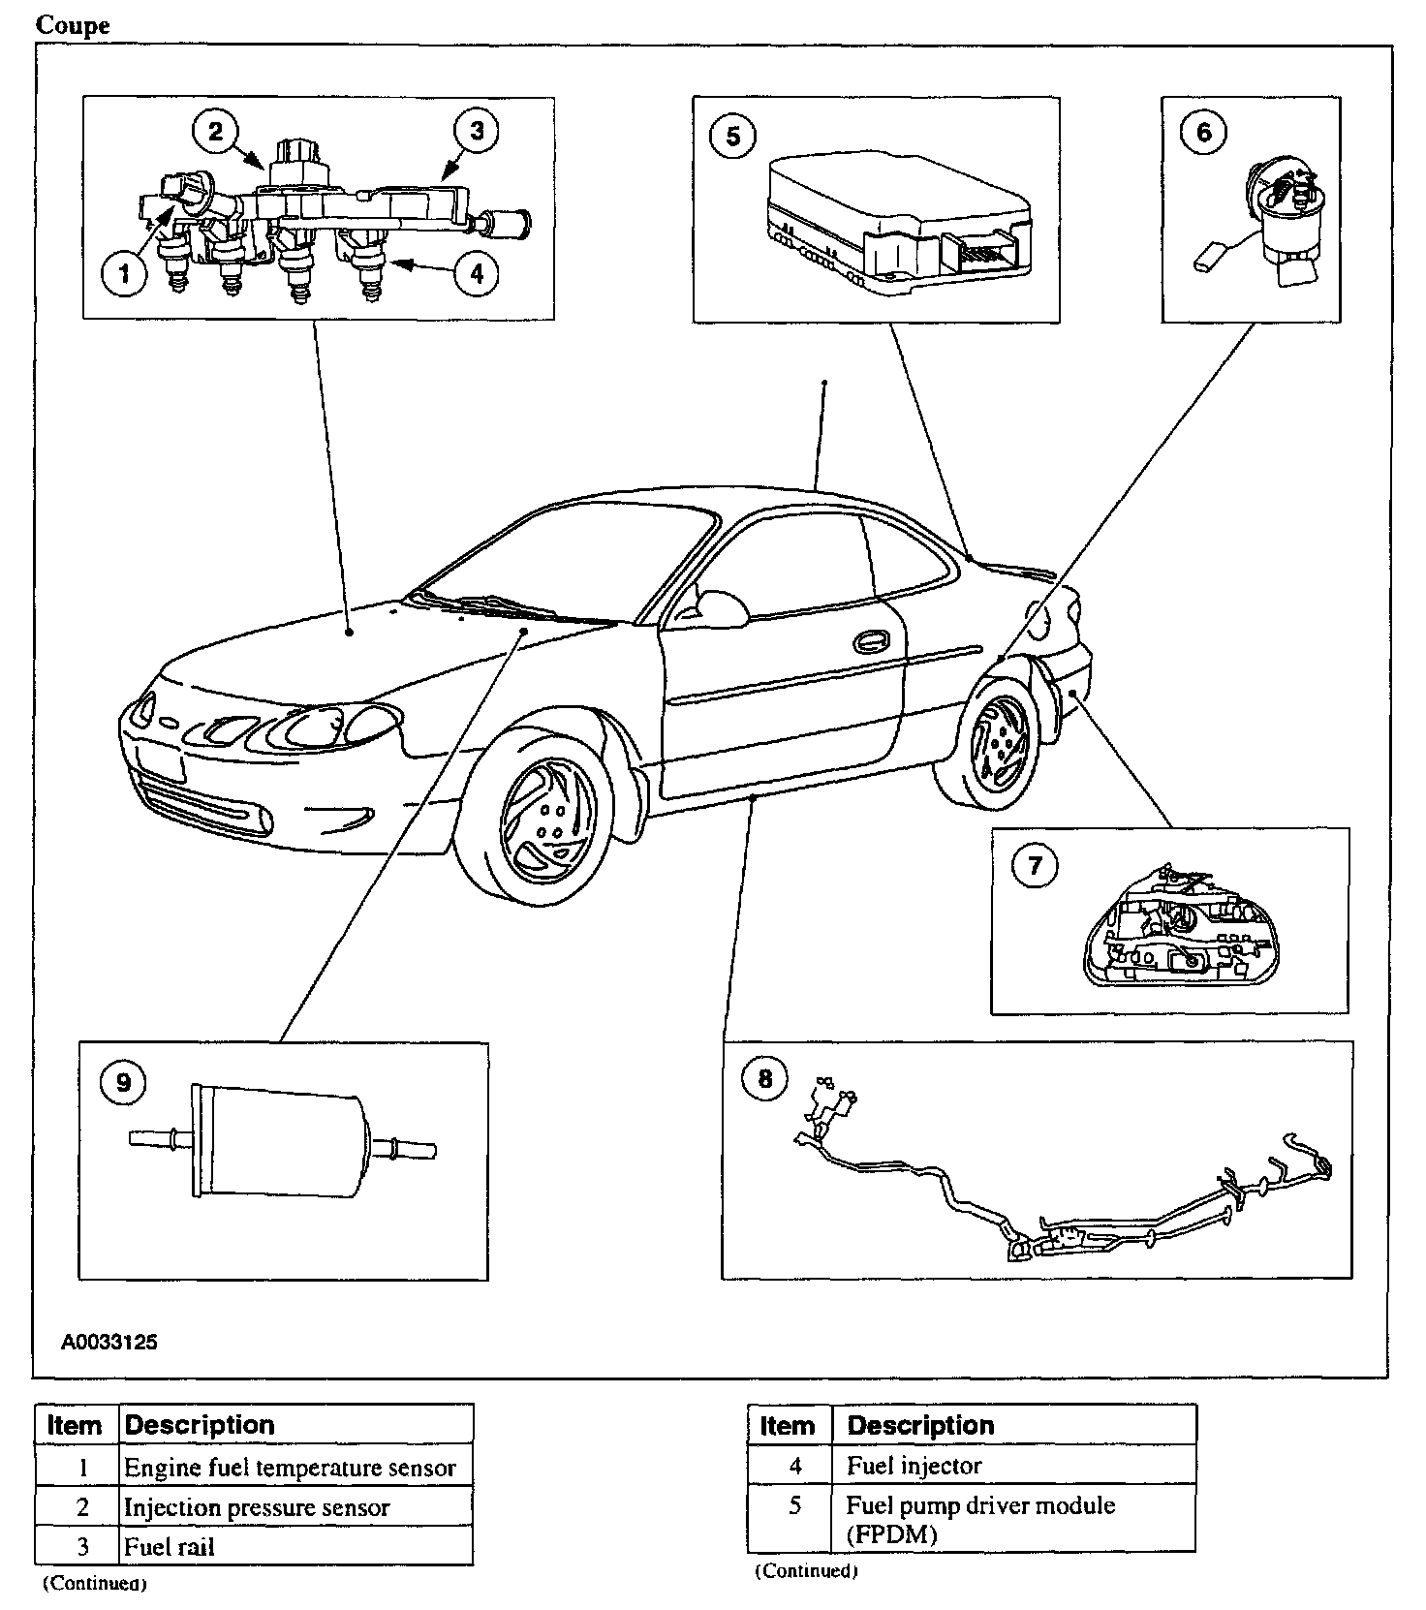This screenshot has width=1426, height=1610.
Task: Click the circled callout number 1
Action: coord(124,274)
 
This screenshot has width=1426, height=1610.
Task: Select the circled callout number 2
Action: coord(215,131)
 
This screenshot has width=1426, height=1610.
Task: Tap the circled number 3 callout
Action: coord(476,131)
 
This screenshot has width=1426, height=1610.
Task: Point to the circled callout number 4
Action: coord(476,274)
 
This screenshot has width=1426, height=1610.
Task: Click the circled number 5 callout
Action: coord(732,137)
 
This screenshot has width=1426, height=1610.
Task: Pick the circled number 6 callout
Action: coord(1204,132)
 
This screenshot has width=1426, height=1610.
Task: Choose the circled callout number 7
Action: coord(1035,864)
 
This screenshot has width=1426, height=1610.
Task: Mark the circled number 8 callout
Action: coord(765,1078)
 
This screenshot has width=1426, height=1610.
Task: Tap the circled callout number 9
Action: coord(123,1081)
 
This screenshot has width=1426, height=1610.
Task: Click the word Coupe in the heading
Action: coord(73,25)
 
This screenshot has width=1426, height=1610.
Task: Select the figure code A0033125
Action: coord(108,1343)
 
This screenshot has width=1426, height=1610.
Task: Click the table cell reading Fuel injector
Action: coord(914,1466)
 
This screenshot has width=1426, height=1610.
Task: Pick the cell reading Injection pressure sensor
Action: coord(257,1507)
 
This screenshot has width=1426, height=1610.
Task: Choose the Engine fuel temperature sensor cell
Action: coord(290,1468)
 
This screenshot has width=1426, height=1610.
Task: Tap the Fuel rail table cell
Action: coord(170,1546)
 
